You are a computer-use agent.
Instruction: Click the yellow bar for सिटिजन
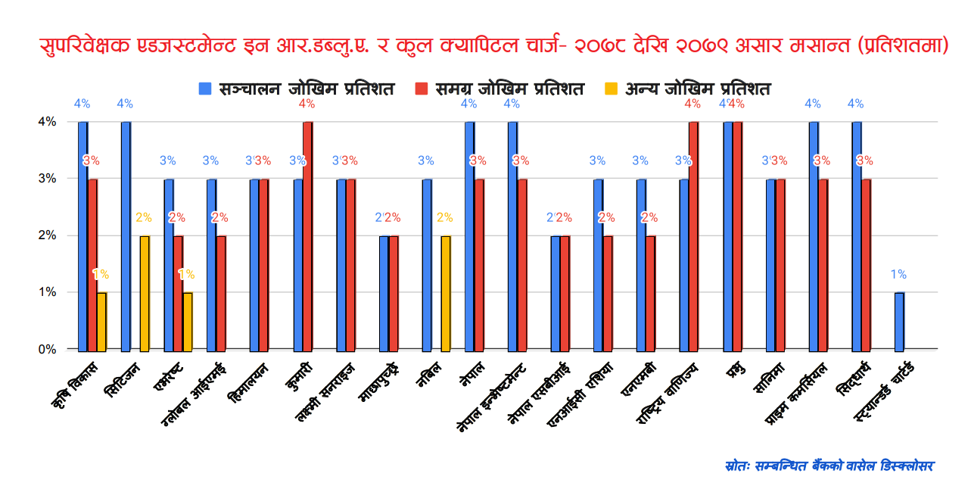click(145, 293)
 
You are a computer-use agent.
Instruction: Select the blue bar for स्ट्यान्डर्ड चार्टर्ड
click(899, 321)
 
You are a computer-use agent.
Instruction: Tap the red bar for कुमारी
click(307, 235)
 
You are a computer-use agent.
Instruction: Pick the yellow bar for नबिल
click(445, 293)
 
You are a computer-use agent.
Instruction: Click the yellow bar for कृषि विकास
click(101, 321)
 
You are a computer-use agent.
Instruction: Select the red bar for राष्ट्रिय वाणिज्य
click(693, 235)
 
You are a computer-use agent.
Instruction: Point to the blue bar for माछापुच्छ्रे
click(384, 293)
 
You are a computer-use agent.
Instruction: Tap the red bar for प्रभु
click(737, 235)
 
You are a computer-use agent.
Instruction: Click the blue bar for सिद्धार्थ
click(856, 235)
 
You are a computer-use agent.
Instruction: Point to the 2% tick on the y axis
click(47, 235)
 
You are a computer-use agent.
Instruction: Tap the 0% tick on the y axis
click(47, 350)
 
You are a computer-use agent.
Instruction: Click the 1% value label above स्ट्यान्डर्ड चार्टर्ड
click(898, 275)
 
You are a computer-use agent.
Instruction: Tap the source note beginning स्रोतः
click(829, 465)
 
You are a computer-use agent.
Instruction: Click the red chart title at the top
click(485, 45)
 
